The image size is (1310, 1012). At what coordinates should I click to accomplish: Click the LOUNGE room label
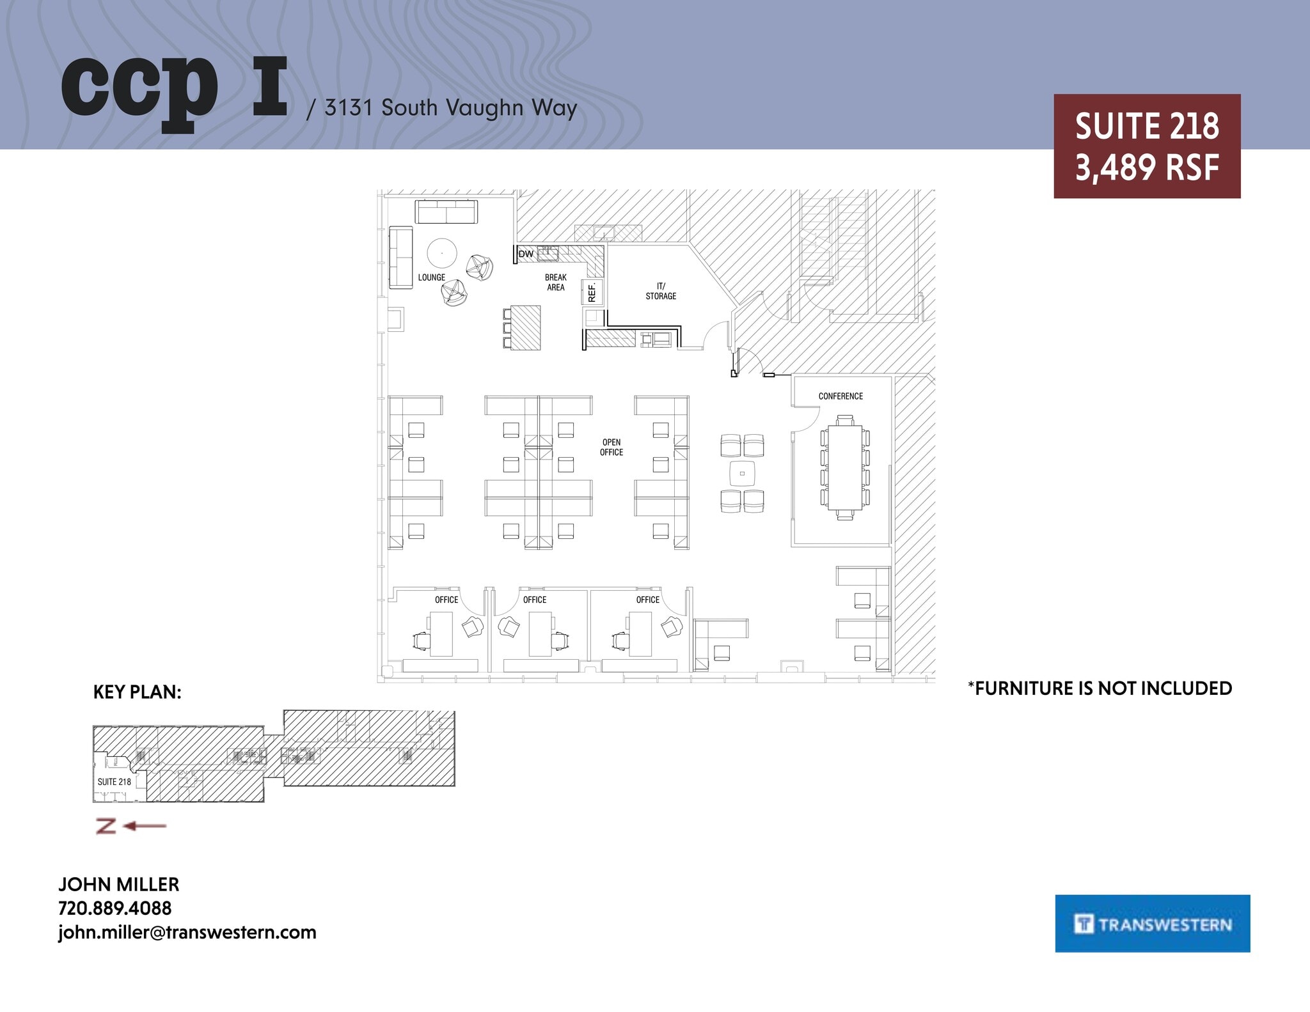click(431, 277)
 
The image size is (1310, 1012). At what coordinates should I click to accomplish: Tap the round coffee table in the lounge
click(442, 253)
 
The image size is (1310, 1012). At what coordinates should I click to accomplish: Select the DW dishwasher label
click(526, 254)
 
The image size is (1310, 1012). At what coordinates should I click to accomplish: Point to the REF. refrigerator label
click(592, 292)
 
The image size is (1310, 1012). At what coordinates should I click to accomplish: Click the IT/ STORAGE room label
click(661, 291)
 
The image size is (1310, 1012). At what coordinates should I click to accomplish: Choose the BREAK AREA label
click(555, 283)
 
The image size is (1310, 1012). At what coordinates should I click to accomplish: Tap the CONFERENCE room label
click(840, 396)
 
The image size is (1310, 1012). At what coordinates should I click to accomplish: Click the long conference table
click(844, 467)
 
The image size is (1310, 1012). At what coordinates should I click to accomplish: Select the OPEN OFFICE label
click(611, 447)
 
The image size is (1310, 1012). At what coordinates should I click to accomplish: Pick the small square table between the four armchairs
click(742, 474)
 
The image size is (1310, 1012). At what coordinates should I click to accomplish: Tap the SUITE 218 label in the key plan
click(114, 782)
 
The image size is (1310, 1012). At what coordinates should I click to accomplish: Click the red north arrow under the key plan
click(131, 826)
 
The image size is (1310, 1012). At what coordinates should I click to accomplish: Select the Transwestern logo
click(1152, 924)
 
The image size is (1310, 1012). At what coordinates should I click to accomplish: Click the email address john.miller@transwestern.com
click(187, 932)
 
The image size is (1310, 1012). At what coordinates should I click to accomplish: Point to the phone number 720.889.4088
click(115, 908)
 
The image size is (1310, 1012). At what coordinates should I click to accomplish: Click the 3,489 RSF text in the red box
click(1147, 168)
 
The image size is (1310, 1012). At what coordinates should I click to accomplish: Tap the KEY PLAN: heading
click(138, 692)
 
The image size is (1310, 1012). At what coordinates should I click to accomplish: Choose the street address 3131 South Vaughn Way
click(450, 108)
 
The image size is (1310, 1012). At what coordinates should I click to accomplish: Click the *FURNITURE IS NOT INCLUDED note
click(1100, 689)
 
